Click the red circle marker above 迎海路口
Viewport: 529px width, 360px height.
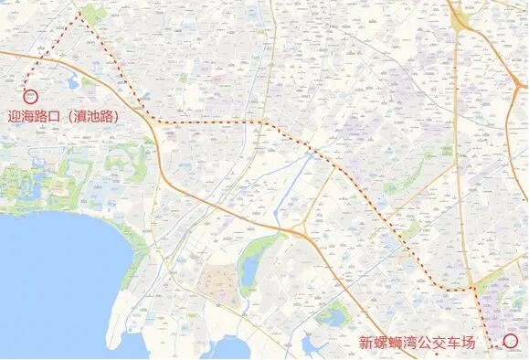(29, 95)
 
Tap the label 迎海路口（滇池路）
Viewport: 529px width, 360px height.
(64, 117)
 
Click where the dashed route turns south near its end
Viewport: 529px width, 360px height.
(474, 289)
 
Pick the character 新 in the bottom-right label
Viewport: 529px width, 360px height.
(365, 344)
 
